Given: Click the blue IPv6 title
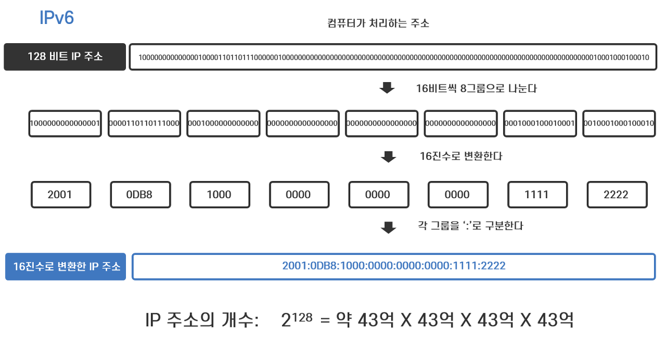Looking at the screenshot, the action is click(57, 18).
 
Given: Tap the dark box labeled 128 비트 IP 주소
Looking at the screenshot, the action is click(65, 57).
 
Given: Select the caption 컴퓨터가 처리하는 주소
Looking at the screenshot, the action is click(378, 23).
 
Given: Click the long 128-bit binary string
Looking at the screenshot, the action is click(393, 57).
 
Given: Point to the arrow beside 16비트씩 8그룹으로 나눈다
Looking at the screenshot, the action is click(387, 88).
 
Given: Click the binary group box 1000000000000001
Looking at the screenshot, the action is click(65, 123).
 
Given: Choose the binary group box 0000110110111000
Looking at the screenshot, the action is click(144, 123).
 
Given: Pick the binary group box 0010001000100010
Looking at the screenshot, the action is click(619, 123).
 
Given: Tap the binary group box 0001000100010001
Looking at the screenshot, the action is click(540, 123).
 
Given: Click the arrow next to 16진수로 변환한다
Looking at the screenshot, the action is click(388, 157).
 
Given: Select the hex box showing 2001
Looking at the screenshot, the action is click(60, 195).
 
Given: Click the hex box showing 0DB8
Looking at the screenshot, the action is click(139, 195).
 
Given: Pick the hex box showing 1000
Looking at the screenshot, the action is click(219, 195).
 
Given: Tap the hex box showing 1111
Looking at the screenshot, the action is click(537, 195).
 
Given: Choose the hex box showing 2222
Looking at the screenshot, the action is click(617, 195).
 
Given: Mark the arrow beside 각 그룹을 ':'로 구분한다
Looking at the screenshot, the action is click(388, 227).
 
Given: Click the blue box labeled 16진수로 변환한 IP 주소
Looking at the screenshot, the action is click(66, 267).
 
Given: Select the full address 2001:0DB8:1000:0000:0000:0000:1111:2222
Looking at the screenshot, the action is click(394, 266).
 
